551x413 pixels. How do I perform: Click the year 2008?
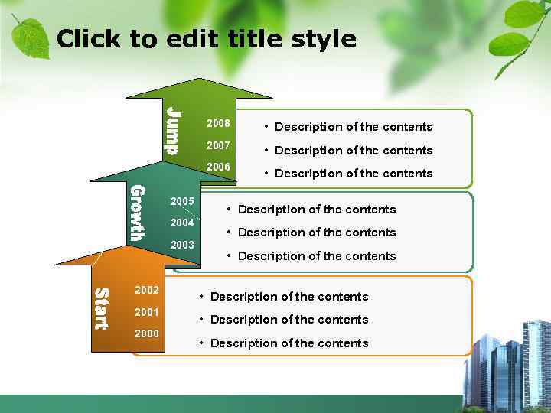[x=218, y=124]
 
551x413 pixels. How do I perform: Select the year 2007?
[x=218, y=145]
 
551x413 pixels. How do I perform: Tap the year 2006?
[x=218, y=167]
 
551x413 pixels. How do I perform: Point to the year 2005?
[x=182, y=202]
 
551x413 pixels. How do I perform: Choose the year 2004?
[x=182, y=223]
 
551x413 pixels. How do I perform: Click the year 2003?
[x=182, y=246]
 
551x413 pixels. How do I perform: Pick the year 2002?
[x=146, y=291]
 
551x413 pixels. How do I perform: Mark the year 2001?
[x=146, y=312]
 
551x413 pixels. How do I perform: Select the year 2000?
[x=146, y=334]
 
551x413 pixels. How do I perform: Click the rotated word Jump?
[x=173, y=131]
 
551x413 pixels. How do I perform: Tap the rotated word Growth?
[x=136, y=213]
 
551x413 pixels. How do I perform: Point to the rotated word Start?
[x=100, y=308]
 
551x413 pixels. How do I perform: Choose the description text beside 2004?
[x=317, y=233]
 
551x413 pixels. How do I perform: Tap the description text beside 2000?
[x=289, y=343]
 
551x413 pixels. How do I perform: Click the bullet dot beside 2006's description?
[x=266, y=173]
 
